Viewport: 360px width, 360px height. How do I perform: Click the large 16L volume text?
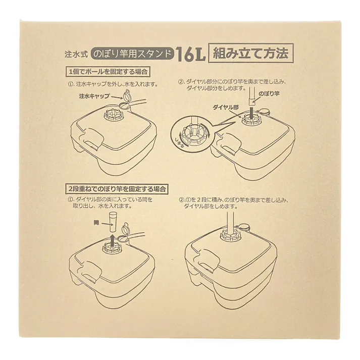click(x=190, y=54)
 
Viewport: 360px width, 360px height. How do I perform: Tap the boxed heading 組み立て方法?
click(x=250, y=53)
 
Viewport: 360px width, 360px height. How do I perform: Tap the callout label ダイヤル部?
click(x=225, y=108)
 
